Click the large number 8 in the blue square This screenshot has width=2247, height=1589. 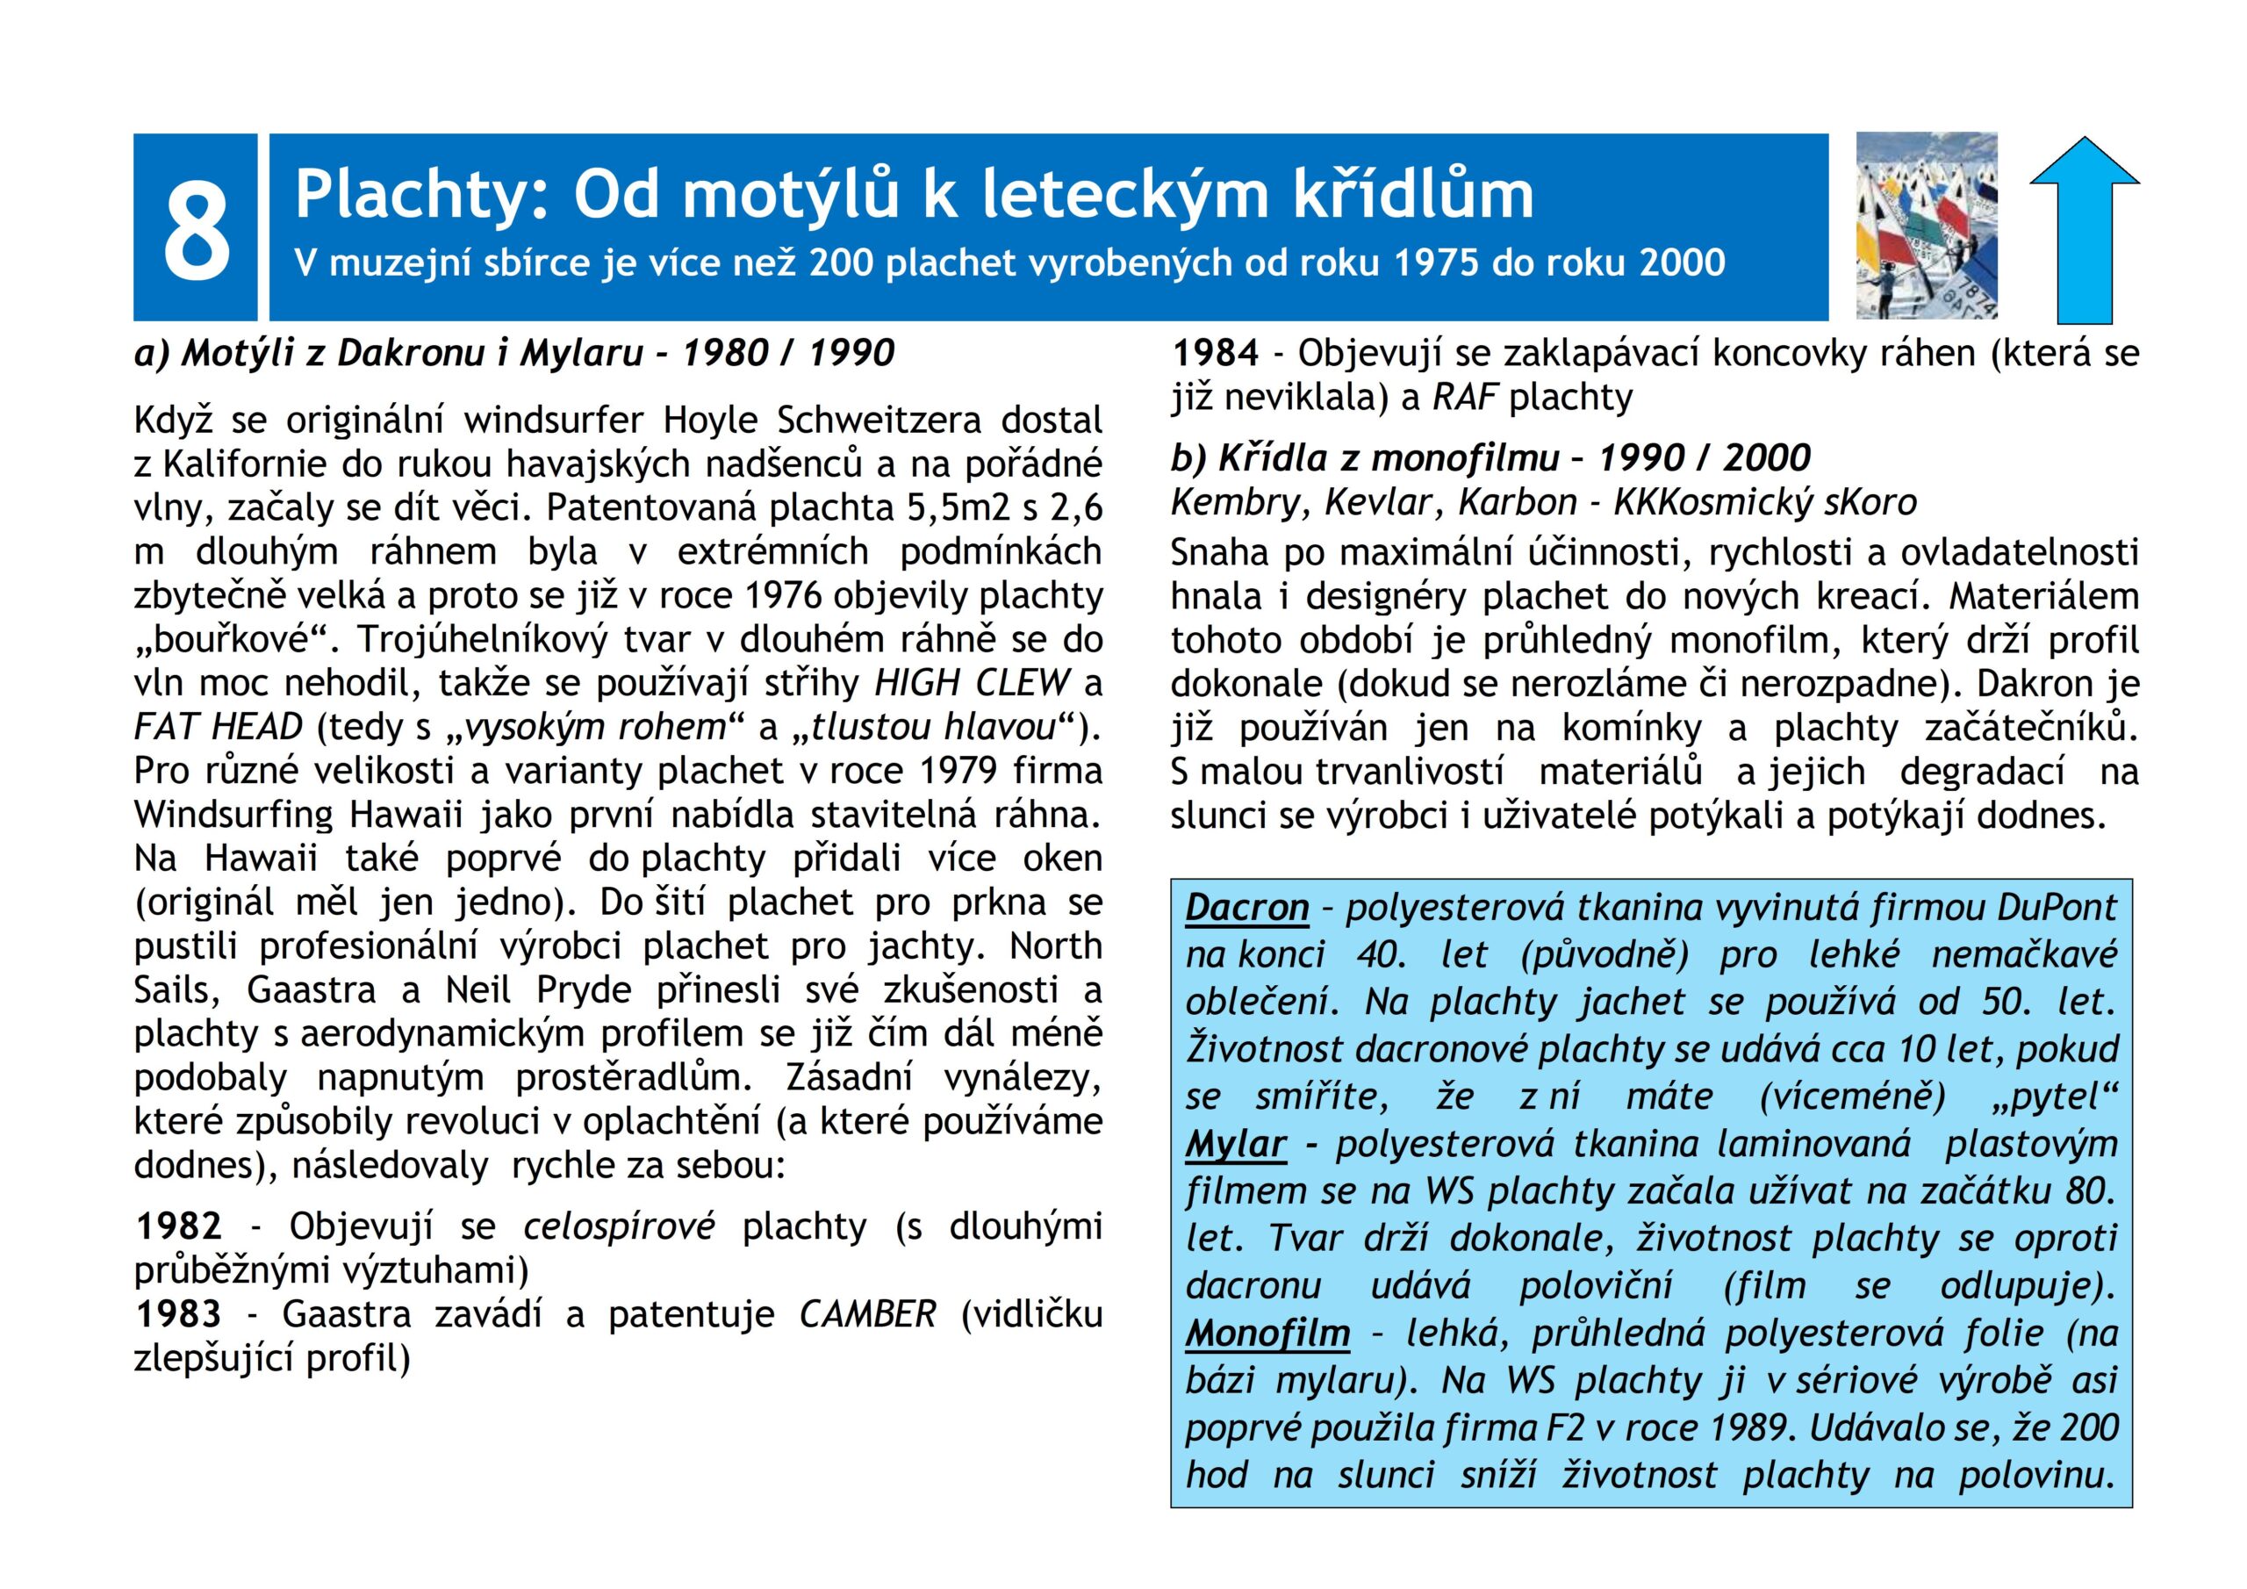pyautogui.click(x=196, y=230)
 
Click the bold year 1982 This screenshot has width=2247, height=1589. pyautogui.click(x=178, y=1226)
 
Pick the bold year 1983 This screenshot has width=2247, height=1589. pyautogui.click(x=178, y=1314)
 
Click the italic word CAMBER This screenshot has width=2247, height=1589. pyautogui.click(x=867, y=1314)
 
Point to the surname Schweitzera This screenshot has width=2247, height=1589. pyautogui.click(x=879, y=420)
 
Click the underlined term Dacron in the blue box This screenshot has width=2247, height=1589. pyautogui.click(x=1246, y=908)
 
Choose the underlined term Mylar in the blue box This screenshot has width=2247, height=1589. pyautogui.click(x=1235, y=1144)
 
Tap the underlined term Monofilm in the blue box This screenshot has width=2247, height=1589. pyautogui.click(x=1267, y=1333)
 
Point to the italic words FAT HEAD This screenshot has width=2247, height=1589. pyautogui.click(x=219, y=726)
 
